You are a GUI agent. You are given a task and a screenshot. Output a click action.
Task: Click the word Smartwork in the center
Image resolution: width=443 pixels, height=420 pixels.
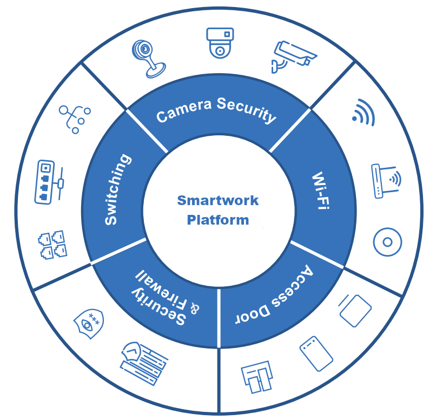[217, 200]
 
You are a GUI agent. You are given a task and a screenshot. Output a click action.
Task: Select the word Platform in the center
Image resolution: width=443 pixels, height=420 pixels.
[218, 220]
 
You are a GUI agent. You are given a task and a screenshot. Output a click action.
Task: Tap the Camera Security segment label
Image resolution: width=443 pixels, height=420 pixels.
[216, 110]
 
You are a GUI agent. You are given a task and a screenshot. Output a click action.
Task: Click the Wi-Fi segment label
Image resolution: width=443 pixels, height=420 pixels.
[321, 190]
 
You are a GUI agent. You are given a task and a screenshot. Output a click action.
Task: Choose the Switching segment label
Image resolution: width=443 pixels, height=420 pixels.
[118, 189]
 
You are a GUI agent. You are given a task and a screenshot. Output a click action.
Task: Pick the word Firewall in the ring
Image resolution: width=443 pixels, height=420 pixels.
[161, 291]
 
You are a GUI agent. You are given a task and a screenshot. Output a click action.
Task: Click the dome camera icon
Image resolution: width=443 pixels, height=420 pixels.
[220, 43]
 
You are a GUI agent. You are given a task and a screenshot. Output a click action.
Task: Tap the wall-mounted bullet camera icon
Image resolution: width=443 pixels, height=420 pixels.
[294, 56]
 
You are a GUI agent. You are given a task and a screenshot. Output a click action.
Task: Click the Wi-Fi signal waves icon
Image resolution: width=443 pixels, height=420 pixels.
[363, 113]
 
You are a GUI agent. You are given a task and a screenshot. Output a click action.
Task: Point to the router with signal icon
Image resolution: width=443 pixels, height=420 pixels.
[386, 181]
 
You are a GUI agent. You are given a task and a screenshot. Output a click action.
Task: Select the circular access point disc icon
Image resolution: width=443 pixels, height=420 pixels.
[387, 242]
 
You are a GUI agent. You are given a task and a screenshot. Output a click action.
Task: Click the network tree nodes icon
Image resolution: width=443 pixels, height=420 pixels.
[75, 119]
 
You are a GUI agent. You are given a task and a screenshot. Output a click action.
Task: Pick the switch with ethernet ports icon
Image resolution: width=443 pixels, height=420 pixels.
[49, 182]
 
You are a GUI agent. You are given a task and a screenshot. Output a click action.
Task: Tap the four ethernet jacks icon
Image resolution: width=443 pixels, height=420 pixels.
[52, 245]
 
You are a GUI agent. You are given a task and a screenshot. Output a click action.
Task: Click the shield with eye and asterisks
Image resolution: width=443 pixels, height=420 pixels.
[89, 324]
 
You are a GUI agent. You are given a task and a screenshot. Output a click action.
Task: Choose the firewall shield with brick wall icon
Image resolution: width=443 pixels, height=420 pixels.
[144, 364]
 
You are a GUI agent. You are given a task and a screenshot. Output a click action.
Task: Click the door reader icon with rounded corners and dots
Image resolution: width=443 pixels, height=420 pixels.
[316, 353]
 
